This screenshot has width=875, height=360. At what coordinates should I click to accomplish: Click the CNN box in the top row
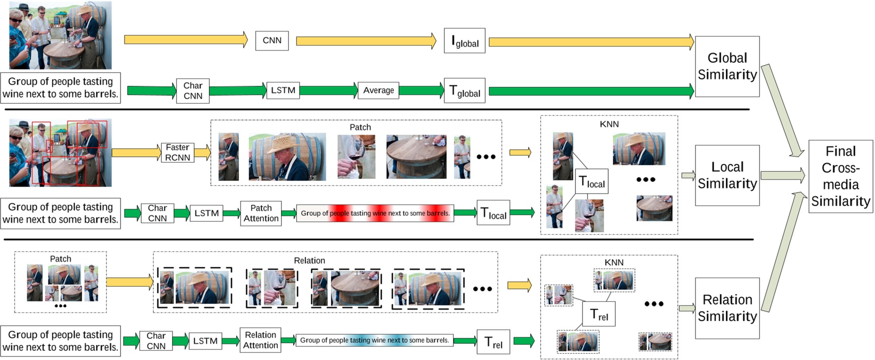[272, 40]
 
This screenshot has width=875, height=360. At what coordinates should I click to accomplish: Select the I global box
[464, 41]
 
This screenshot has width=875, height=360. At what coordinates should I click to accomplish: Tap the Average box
[378, 90]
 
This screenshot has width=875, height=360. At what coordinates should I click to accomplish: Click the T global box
[464, 91]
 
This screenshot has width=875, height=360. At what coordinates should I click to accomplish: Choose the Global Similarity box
[727, 67]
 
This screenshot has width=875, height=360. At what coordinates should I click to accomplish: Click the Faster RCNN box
[178, 152]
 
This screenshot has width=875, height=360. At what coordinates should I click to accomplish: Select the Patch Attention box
[261, 213]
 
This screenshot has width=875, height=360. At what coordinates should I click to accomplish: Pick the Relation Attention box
[260, 340]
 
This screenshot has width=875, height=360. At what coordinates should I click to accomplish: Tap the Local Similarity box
[727, 175]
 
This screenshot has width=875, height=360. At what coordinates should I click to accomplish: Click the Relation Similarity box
[727, 308]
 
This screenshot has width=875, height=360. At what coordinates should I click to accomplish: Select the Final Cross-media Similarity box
[840, 176]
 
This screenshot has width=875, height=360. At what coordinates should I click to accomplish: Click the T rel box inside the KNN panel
[599, 314]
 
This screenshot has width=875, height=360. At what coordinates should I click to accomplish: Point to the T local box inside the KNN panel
[592, 182]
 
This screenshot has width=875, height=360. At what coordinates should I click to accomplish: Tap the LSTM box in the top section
[283, 90]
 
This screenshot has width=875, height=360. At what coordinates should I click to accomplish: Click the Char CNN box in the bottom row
[156, 341]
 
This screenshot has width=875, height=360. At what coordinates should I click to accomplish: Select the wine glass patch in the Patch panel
[356, 157]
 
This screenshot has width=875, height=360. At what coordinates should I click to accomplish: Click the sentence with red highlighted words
[375, 213]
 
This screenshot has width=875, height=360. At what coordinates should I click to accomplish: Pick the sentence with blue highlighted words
[374, 340]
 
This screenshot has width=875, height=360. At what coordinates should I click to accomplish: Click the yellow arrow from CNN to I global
[366, 41]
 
